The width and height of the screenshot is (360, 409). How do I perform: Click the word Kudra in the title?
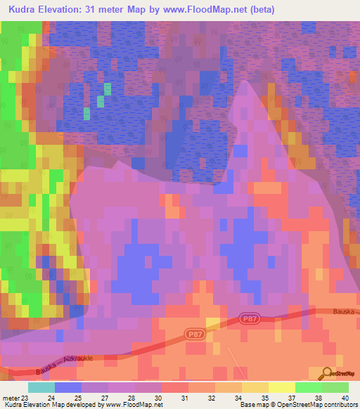point(25,10)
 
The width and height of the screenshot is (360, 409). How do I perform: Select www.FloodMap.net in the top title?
point(210,10)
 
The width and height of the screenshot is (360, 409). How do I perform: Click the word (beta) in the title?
point(260,10)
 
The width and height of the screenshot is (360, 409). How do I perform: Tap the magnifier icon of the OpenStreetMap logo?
point(326,373)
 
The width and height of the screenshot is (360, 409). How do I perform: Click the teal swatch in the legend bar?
point(41,387)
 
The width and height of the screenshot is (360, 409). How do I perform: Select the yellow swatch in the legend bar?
point(281,387)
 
